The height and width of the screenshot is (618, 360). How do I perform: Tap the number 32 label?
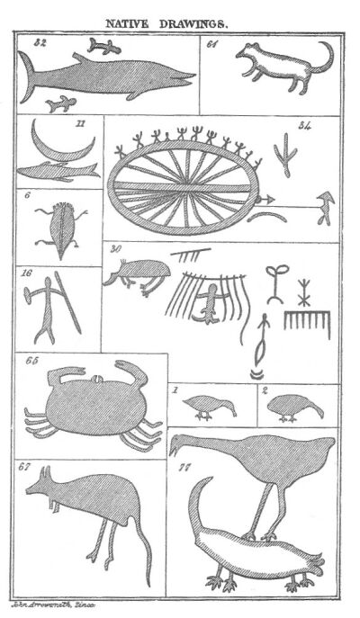(39, 41)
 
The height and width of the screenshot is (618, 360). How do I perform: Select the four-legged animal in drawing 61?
(274, 67)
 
